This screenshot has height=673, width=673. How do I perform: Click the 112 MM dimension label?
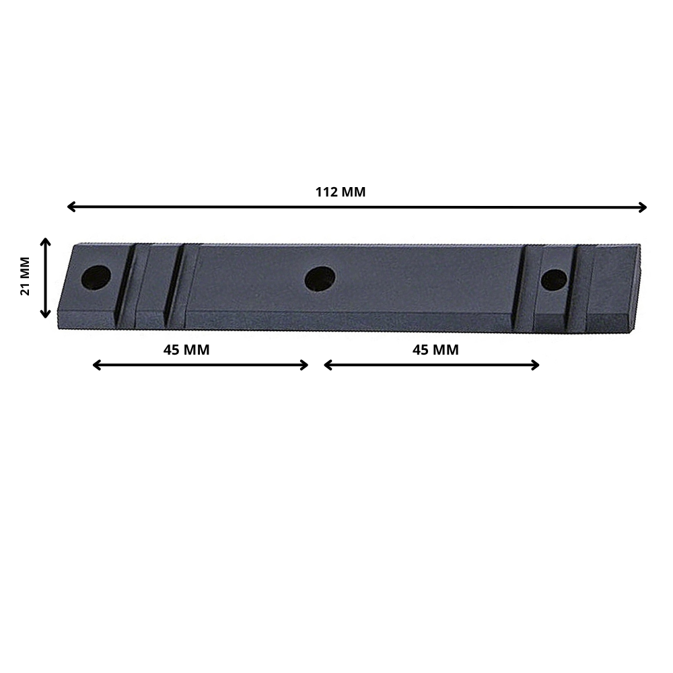341,192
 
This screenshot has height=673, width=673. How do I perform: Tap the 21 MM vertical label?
26,276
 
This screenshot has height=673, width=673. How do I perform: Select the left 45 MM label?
186,350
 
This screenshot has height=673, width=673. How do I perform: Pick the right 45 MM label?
435,350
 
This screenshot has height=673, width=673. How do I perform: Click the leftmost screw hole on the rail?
96,277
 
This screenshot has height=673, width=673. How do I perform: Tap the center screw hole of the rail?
320,279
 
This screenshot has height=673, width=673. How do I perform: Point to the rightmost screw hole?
554,280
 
